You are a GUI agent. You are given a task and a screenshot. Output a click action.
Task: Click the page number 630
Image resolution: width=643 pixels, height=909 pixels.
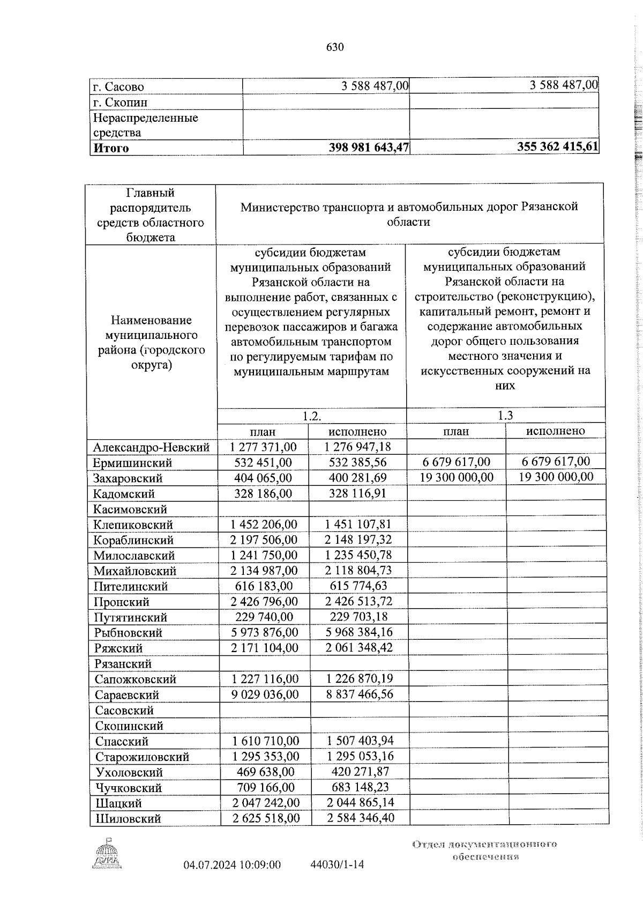click(335, 47)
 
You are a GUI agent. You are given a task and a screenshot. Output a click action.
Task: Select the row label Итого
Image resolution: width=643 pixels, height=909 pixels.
click(111, 148)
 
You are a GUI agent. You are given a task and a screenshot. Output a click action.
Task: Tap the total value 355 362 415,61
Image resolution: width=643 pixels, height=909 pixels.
click(557, 147)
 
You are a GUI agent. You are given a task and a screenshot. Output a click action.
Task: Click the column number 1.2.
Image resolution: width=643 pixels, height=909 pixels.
click(311, 416)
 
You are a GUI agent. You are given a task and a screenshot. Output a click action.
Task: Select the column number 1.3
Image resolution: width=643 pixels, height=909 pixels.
click(505, 415)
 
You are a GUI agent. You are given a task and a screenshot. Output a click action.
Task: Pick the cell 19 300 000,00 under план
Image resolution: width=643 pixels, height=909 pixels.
click(457, 477)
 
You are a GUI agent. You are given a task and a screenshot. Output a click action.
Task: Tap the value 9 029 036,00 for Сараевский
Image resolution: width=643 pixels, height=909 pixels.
click(265, 694)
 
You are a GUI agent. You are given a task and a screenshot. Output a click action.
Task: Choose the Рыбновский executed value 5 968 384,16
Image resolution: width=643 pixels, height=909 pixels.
click(359, 632)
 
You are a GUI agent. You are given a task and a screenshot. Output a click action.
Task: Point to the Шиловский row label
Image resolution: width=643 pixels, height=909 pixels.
click(128, 833)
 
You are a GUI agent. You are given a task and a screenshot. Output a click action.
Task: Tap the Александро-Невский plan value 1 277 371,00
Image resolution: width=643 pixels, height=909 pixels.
click(263, 447)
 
